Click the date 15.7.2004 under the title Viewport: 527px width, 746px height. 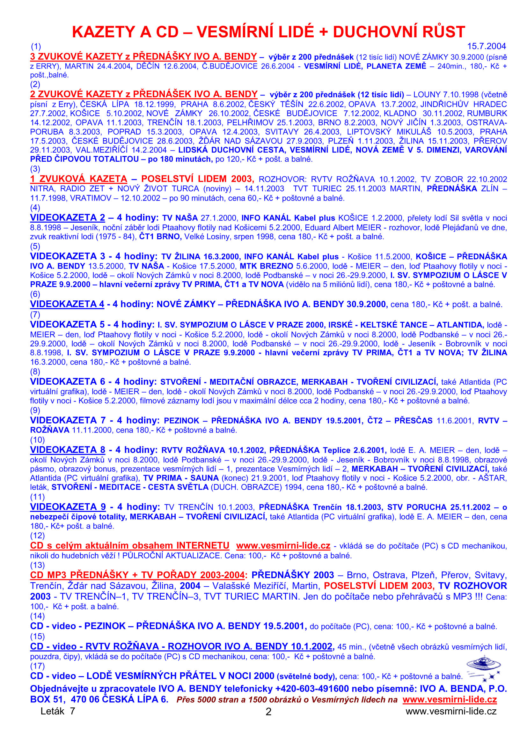(x=486, y=46)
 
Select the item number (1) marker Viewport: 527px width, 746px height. (x=36, y=46)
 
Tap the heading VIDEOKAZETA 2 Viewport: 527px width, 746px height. (x=68, y=218)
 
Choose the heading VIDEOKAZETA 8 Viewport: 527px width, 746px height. (x=68, y=450)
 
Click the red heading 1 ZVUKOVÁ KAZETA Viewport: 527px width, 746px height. (x=78, y=179)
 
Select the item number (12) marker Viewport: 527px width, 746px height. (x=37, y=535)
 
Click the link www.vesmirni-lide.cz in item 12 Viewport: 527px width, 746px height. (x=283, y=545)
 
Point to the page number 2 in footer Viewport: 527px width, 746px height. (x=268, y=712)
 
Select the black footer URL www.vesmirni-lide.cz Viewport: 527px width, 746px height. (x=451, y=711)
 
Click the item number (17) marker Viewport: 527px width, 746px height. (x=37, y=666)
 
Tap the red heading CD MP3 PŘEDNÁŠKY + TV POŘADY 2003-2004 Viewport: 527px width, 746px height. (x=137, y=575)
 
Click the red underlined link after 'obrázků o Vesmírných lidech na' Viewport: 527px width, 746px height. (x=450, y=699)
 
